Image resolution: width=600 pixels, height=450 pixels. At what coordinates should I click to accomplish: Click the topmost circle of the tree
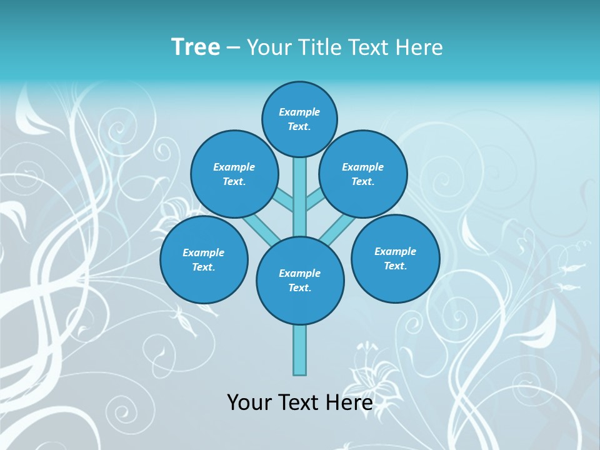tap(299, 119)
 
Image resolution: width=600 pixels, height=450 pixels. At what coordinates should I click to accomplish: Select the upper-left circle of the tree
tap(234, 174)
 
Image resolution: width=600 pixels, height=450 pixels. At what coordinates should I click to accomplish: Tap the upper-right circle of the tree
tap(363, 174)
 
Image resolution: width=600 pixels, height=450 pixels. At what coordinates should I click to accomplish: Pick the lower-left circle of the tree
tap(204, 260)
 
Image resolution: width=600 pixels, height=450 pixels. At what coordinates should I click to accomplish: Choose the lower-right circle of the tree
tap(396, 259)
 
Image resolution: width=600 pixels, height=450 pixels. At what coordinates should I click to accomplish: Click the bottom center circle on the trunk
tap(300, 281)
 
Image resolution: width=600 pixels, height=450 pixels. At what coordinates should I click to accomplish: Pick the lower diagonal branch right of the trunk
tap(337, 230)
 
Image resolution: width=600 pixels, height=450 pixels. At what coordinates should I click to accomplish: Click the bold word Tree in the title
tap(196, 47)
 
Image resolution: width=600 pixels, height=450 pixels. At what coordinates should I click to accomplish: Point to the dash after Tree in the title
tap(233, 48)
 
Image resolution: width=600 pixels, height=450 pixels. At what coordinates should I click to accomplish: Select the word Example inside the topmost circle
tap(299, 112)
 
